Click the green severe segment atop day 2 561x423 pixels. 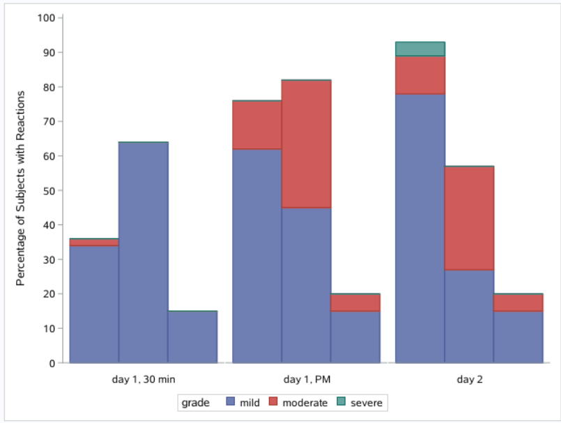click(420, 49)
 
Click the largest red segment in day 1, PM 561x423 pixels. click(306, 144)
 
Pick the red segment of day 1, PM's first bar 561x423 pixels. click(256, 125)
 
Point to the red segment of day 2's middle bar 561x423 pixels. click(469, 218)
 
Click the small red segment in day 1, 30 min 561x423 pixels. click(94, 242)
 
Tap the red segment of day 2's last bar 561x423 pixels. click(518, 302)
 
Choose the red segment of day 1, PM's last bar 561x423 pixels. click(355, 302)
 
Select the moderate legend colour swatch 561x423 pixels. click(273, 403)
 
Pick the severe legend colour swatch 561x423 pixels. click(341, 403)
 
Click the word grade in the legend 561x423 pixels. click(196, 403)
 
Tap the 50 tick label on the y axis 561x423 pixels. click(49, 190)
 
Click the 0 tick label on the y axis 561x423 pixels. click(52, 362)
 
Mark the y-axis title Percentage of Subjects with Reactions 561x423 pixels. click(21, 188)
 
